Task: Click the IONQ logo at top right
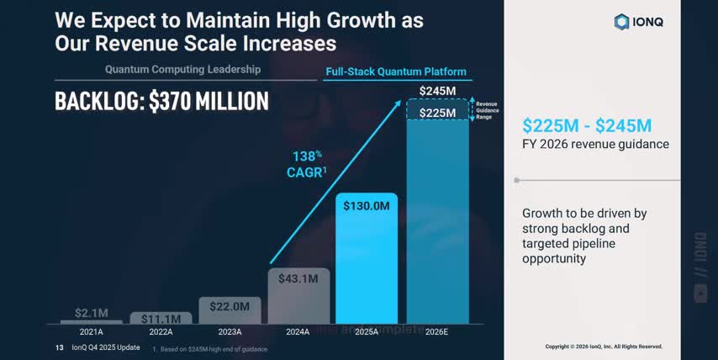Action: coord(638,22)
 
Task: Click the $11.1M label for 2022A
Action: coord(161,319)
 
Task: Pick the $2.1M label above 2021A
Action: coord(92,313)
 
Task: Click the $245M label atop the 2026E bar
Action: coord(439,91)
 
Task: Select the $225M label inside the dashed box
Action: coord(439,112)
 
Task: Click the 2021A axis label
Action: coord(92,331)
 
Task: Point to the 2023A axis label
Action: coord(230,331)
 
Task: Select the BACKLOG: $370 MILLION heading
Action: coord(161,101)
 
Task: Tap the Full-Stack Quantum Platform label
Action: coord(395,71)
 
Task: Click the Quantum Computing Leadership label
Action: coord(182,69)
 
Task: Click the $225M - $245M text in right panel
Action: coord(587,125)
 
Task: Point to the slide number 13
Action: coord(59,347)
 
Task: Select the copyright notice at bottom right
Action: coord(604,347)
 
